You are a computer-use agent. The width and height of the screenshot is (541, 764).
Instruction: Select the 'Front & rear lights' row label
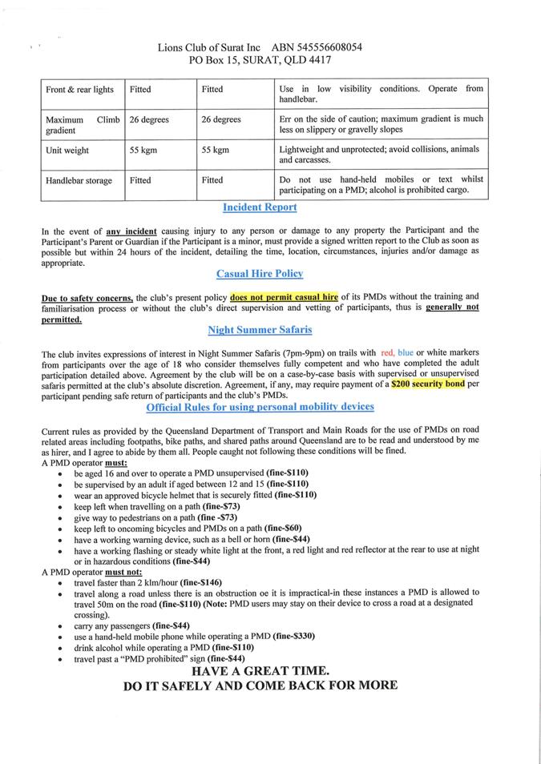click(x=80, y=90)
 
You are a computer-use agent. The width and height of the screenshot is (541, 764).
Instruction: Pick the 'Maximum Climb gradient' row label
click(x=83, y=125)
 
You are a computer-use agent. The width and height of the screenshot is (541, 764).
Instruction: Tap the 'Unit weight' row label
click(x=67, y=151)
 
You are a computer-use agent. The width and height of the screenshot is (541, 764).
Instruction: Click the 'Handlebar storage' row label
click(x=79, y=181)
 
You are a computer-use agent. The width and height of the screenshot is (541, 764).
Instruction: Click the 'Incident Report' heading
click(x=260, y=207)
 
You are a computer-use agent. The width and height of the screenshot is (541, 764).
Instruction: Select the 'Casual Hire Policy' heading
click(x=260, y=274)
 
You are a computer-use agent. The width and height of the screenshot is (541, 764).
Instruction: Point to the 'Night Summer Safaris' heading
click(x=260, y=329)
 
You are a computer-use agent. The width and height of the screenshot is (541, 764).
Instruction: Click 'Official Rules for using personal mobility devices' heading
click(x=260, y=408)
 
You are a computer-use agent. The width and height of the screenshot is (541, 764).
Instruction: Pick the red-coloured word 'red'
click(x=388, y=353)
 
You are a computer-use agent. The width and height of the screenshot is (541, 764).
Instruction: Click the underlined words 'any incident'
click(x=131, y=231)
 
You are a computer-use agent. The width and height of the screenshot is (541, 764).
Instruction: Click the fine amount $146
click(x=208, y=582)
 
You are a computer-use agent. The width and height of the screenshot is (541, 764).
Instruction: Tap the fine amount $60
click(x=288, y=529)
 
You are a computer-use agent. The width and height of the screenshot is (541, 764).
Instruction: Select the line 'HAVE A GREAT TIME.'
click(x=260, y=670)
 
